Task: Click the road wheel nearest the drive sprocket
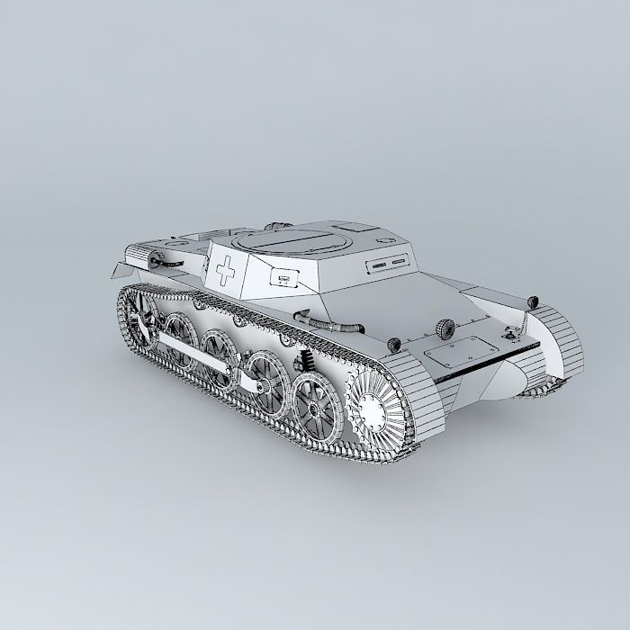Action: click(x=315, y=396)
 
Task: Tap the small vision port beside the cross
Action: click(x=286, y=277)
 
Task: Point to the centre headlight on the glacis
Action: click(x=445, y=326)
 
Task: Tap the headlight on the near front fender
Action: click(x=392, y=343)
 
